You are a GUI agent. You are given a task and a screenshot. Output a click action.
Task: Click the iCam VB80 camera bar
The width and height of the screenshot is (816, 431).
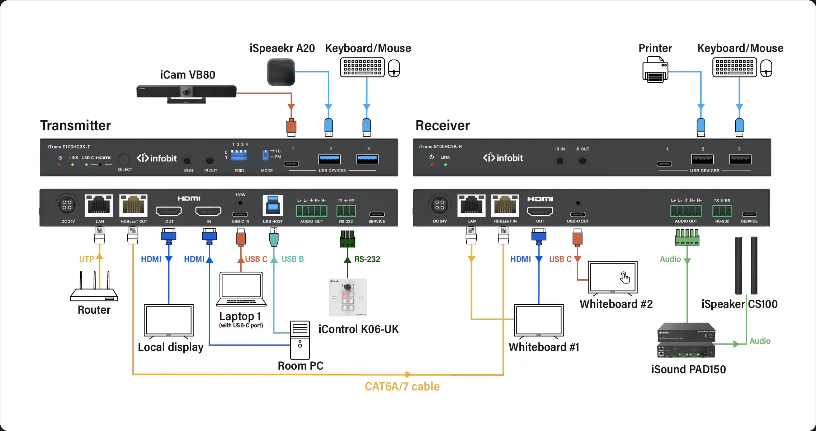point(186,93)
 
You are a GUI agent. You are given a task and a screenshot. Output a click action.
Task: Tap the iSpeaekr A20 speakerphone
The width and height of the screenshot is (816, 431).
point(281,72)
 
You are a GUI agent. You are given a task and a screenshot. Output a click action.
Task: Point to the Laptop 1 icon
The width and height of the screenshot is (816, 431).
point(241,289)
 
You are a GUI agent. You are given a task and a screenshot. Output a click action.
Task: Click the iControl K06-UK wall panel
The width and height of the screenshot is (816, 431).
point(348,298)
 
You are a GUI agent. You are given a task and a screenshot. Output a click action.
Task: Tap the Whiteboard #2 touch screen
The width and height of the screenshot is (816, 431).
point(613,277)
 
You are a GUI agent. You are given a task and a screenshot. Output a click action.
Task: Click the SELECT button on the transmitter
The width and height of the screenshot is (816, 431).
point(123,159)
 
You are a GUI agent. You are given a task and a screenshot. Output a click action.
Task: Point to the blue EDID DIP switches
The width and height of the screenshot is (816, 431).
point(239,155)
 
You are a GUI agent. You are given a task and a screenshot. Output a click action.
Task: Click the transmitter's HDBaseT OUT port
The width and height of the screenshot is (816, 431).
point(133,206)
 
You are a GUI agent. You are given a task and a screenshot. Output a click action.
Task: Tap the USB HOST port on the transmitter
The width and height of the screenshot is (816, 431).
point(273,206)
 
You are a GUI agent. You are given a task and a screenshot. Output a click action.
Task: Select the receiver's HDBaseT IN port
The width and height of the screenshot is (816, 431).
point(505,206)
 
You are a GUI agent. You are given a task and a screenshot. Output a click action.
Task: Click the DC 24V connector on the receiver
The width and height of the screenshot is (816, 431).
point(439,205)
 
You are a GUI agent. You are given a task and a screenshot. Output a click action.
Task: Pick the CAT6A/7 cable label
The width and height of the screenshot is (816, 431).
point(402,387)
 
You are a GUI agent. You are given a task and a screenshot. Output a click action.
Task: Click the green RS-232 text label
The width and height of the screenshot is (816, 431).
point(367,259)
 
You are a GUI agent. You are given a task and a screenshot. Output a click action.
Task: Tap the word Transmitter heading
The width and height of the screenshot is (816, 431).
point(75,126)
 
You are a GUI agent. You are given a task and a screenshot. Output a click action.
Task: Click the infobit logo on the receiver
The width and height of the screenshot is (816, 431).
point(503,158)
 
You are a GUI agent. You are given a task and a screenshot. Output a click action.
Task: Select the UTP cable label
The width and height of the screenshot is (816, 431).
point(86,259)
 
